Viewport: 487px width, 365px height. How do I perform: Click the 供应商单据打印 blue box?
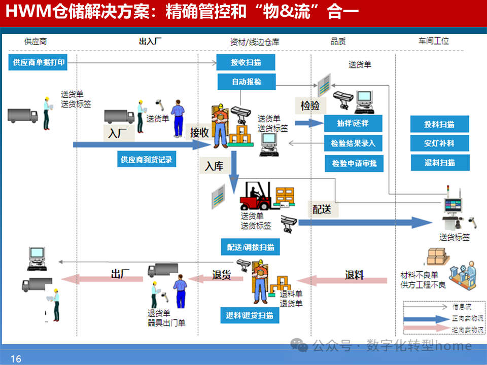37,62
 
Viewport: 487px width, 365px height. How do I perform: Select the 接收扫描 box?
246,62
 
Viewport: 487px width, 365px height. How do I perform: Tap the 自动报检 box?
247,82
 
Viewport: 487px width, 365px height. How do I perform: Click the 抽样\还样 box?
352,123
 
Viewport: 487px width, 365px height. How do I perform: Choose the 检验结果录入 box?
353,143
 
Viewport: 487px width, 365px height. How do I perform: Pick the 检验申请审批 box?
354,163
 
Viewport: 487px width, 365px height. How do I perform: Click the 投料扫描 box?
439,124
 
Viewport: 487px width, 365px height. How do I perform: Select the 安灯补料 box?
439,143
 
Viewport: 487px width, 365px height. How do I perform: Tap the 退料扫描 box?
439,163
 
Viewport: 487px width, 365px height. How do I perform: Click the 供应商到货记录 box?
146,160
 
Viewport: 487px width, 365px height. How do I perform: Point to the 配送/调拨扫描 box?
251,247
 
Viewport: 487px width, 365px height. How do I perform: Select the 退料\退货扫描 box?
250,315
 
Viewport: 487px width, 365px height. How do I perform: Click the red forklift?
256,197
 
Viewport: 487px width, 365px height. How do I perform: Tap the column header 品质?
338,42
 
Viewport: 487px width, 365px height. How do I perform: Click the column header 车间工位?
433,41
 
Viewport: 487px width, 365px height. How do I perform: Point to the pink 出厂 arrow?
101,278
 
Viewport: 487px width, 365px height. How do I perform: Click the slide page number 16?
16,359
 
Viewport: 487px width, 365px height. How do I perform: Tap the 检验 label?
310,106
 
